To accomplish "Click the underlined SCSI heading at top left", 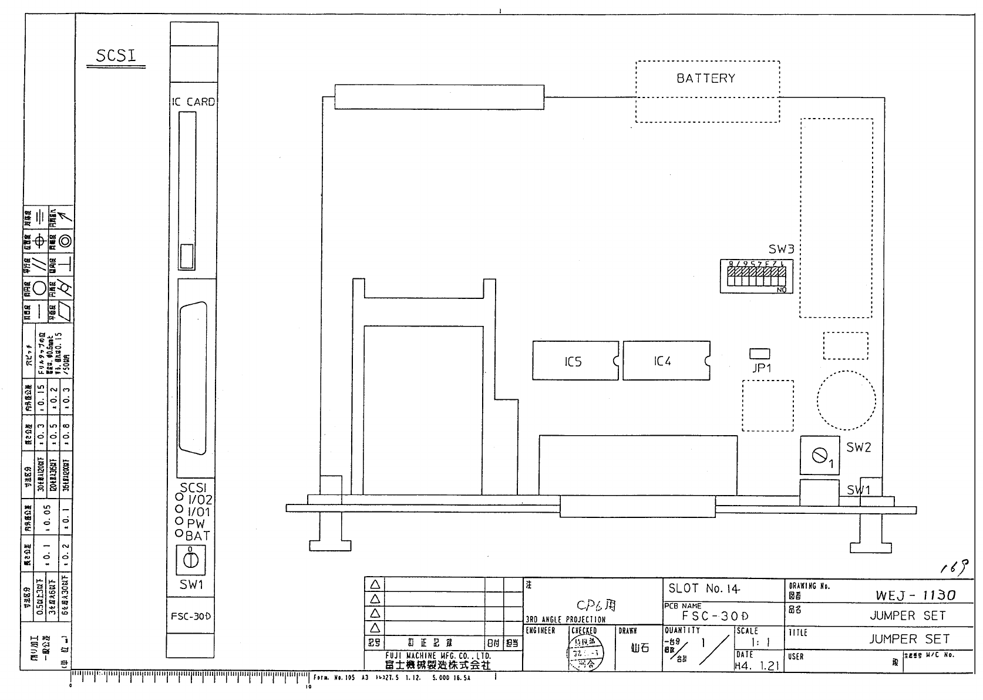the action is (x=116, y=56).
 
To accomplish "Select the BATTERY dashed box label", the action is (x=706, y=78).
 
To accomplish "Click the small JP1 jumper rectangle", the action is (x=760, y=353).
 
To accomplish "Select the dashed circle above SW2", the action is (x=846, y=400).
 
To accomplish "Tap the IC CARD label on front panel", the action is (x=194, y=102).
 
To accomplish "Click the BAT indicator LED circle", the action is (x=179, y=534).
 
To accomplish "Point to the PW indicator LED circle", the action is (x=179, y=521).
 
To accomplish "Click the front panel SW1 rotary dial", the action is (x=191, y=560).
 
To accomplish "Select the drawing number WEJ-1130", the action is (x=915, y=595).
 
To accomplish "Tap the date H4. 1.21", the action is (x=756, y=665).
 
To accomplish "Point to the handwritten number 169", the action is (x=953, y=567).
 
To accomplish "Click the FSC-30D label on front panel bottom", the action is (x=191, y=617).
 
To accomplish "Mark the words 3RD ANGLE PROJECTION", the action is (x=564, y=620).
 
